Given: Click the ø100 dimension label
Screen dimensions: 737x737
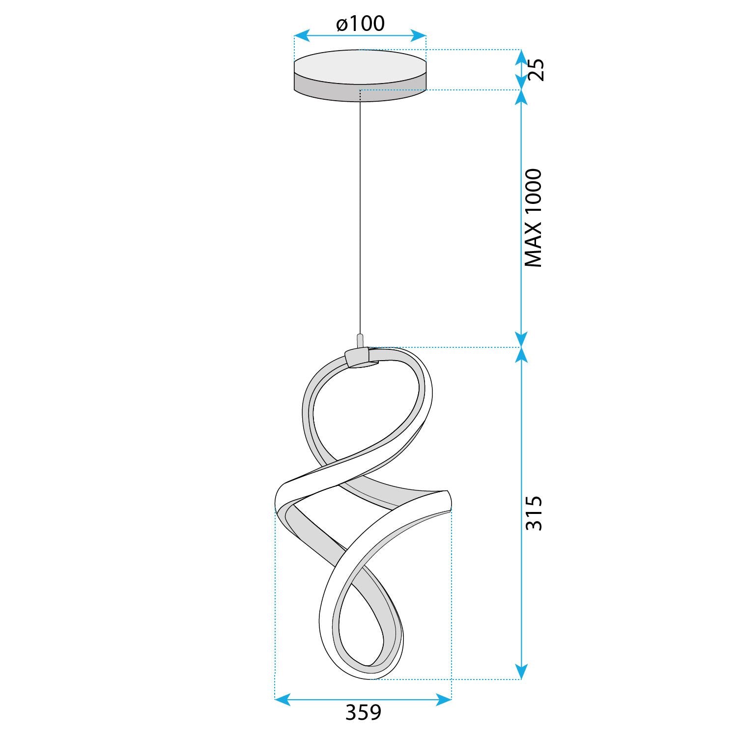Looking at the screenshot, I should [360, 24].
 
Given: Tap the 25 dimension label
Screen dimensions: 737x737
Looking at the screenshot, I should [535, 70].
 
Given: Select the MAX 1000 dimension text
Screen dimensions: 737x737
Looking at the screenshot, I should [534, 218].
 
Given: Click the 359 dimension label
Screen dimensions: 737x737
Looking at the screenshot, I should [363, 712].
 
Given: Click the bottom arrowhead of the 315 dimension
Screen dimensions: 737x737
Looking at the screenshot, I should [521, 672].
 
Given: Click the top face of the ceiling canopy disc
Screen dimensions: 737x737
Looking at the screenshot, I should [360, 66].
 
